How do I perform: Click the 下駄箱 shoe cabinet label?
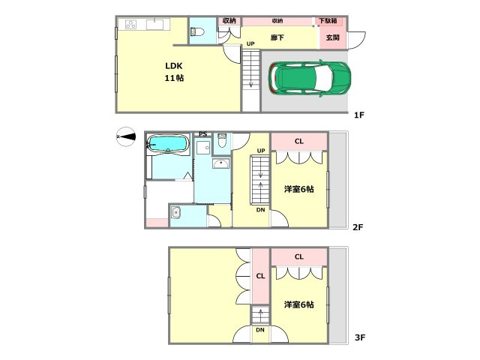(x=328, y=21)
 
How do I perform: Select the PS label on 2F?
(x=202, y=134)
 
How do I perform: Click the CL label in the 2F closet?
(x=298, y=141)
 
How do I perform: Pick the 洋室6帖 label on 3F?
(x=298, y=304)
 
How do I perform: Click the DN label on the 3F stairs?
(x=259, y=330)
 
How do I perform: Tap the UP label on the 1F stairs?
(x=250, y=43)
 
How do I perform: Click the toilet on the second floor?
(x=222, y=140)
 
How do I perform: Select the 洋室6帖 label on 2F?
(x=298, y=188)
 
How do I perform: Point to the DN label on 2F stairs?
(x=260, y=210)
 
